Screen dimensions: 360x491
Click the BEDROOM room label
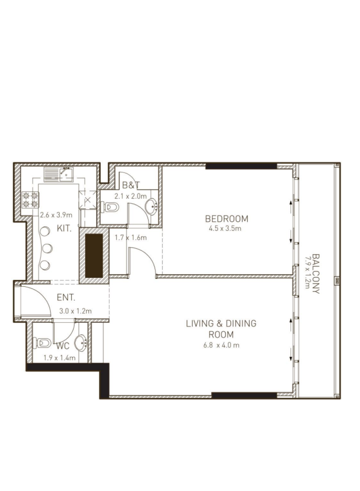(x=227, y=219)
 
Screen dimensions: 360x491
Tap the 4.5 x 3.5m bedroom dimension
(x=225, y=229)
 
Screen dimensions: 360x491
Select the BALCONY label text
(x=316, y=274)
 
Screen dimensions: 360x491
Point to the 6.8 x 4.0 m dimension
(x=221, y=345)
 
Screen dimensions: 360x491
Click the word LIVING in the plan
(x=200, y=324)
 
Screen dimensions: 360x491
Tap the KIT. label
(x=64, y=228)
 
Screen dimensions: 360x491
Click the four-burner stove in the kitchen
(x=30, y=200)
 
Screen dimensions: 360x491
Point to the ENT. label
(x=66, y=297)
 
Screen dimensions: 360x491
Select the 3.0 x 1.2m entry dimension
(x=75, y=311)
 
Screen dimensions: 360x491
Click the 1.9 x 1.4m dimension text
(x=60, y=358)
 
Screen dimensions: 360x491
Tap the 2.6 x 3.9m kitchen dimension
(x=56, y=215)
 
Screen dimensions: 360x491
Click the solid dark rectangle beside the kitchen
(x=94, y=256)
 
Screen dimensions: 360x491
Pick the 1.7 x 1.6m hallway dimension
(x=131, y=238)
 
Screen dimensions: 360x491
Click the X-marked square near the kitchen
(x=88, y=200)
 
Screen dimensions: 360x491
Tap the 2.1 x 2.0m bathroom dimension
(x=130, y=196)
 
